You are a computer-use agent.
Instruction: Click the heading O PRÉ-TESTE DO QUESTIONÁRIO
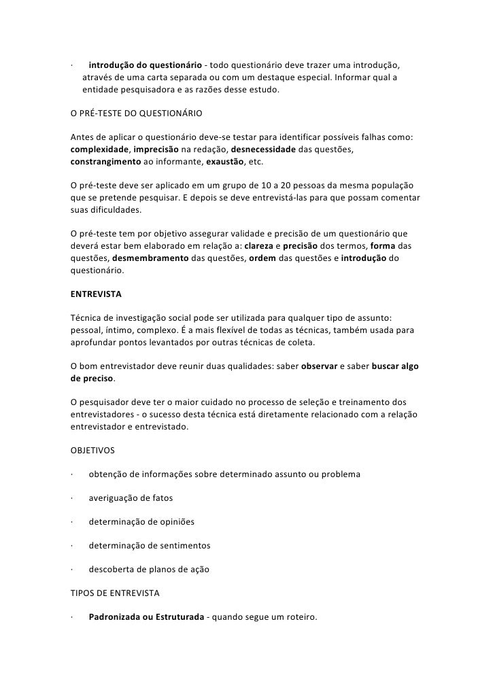(x=137, y=112)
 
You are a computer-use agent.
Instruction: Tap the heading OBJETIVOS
(x=93, y=450)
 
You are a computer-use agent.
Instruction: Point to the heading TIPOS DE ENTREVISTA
(x=115, y=593)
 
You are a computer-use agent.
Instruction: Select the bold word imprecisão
(x=156, y=149)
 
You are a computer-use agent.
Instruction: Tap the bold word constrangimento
(x=105, y=164)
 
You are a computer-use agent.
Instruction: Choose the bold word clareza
(x=259, y=245)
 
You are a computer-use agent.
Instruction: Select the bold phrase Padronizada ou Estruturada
(x=146, y=617)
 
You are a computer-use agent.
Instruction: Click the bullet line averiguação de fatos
(x=131, y=498)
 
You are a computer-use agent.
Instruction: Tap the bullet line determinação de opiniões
(x=141, y=522)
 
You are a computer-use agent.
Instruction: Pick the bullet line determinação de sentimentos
(x=150, y=546)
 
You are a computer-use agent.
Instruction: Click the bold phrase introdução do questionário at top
(x=145, y=65)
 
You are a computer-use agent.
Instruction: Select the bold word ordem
(x=262, y=258)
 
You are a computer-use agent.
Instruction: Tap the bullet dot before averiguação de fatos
(x=71, y=498)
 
